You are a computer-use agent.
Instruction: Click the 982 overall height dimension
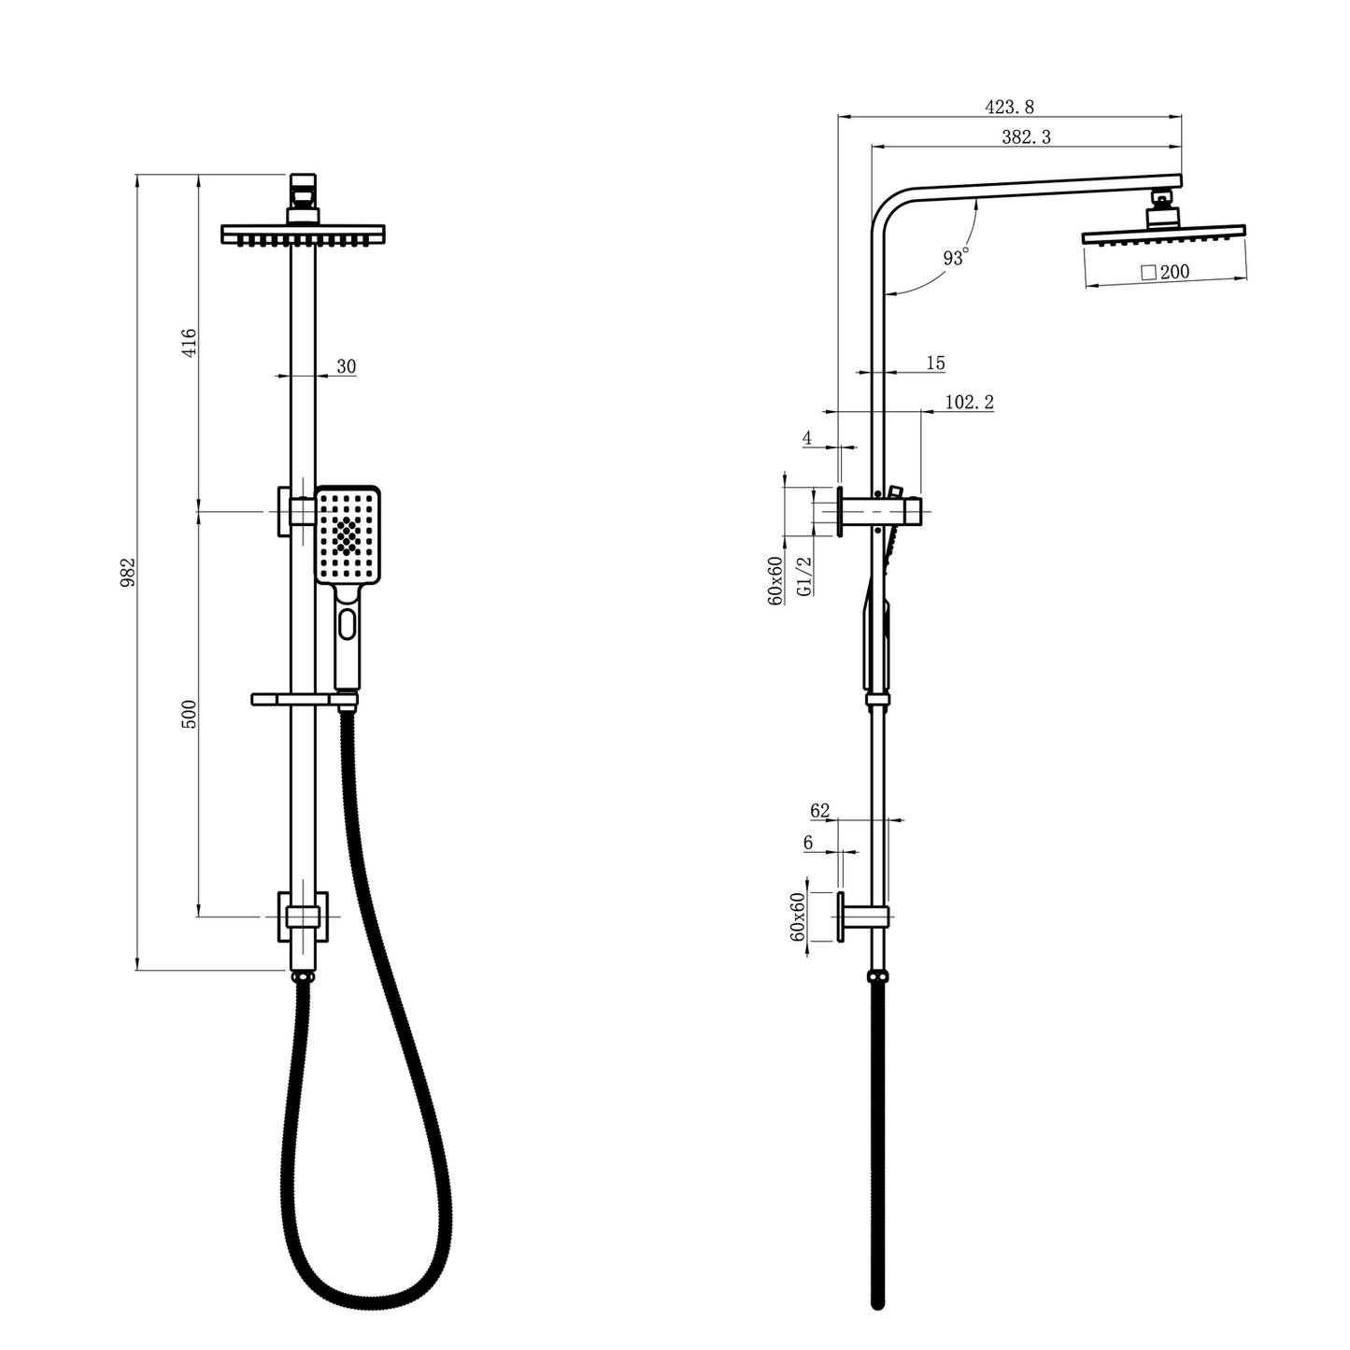pyautogui.click(x=129, y=572)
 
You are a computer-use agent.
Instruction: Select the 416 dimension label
pyautogui.click(x=189, y=343)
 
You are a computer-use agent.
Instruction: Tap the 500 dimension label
pyautogui.click(x=189, y=714)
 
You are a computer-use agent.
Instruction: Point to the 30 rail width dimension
pyautogui.click(x=346, y=366)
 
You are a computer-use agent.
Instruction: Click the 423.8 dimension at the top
pyautogui.click(x=1009, y=107)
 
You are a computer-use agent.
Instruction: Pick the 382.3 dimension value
pyautogui.click(x=1026, y=136)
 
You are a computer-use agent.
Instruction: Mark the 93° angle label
pyautogui.click(x=955, y=257)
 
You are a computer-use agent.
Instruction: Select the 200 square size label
pyautogui.click(x=1165, y=272)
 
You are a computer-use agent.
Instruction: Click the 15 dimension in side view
pyautogui.click(x=935, y=362)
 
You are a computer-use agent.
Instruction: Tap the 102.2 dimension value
pyautogui.click(x=969, y=402)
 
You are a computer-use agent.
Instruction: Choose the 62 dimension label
pyautogui.click(x=819, y=811)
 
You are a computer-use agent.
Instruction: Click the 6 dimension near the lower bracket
pyautogui.click(x=808, y=843)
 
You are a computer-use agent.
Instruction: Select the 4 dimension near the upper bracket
pyautogui.click(x=806, y=438)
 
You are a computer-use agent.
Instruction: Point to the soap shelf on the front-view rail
pyautogui.click(x=290, y=699)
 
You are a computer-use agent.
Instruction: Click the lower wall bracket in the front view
pyautogui.click(x=303, y=917)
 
